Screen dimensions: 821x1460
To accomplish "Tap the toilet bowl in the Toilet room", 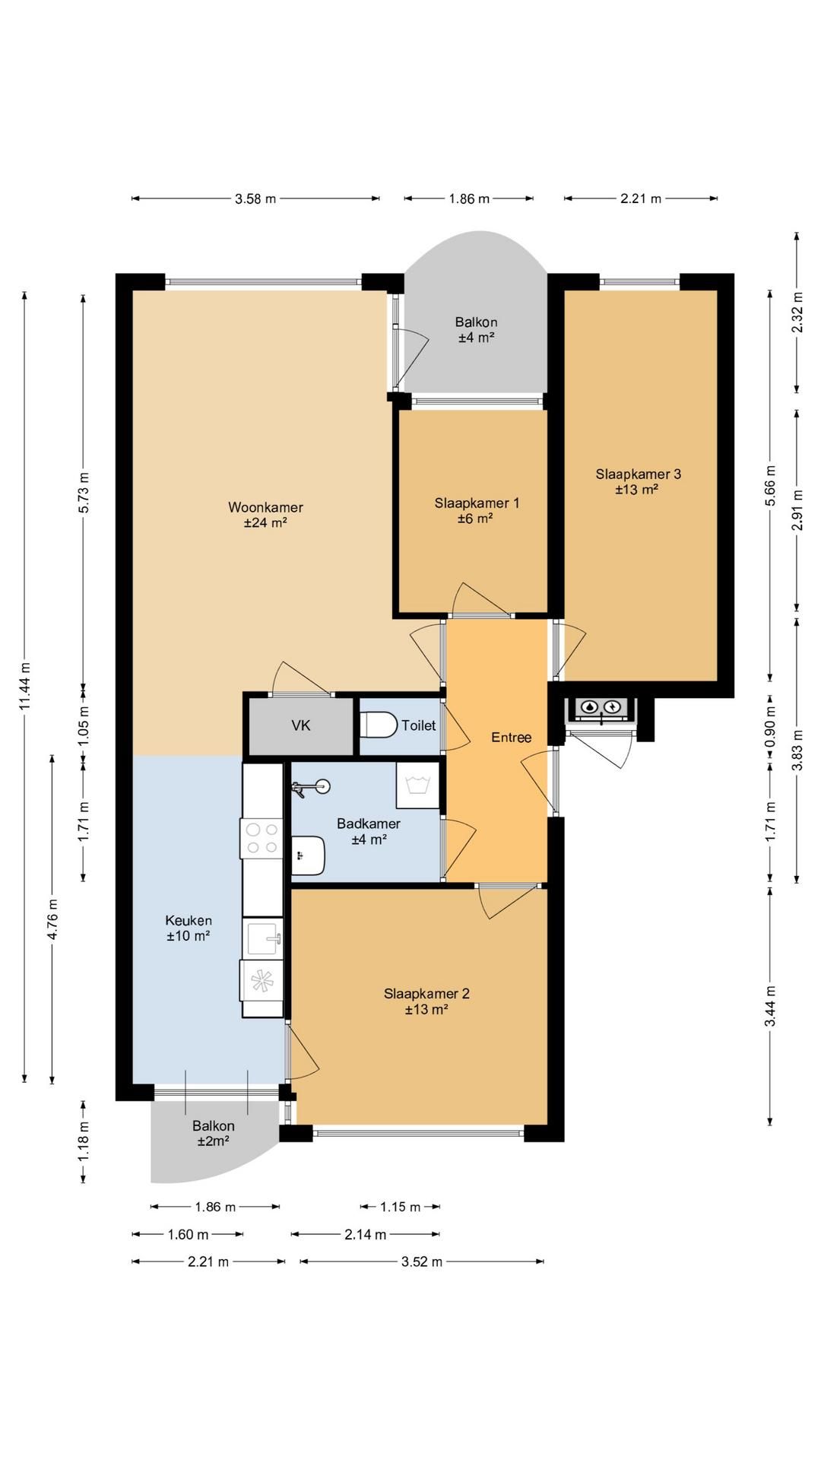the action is point(378,725).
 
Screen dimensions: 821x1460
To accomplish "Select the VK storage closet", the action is point(301,725).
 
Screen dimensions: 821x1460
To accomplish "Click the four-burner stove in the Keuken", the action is point(262,838).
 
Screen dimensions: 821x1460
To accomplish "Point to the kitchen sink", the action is point(262,938).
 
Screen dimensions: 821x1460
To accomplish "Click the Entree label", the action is point(511,737).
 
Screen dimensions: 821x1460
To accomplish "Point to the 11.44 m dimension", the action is point(25,687).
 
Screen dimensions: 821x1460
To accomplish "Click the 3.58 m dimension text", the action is point(255,199).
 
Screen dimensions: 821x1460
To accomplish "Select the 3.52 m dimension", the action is point(422,1262).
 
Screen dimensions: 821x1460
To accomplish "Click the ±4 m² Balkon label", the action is point(477,330).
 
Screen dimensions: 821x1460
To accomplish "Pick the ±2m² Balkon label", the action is point(214,1133).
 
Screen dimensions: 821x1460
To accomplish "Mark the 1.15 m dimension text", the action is point(401,1207).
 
